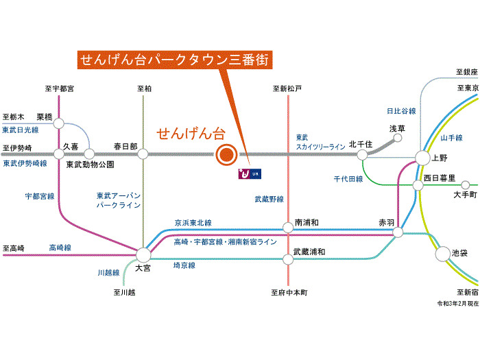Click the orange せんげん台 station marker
click(226, 155)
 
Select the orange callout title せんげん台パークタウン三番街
click(175, 59)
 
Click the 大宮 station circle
click(143, 254)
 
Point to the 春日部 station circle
click(143, 154)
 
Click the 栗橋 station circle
click(59, 124)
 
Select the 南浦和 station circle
click(289, 227)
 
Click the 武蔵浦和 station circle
click(289, 259)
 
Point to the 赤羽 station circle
click(398, 233)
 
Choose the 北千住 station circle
click(361, 154)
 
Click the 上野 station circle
click(422, 158)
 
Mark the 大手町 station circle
click(466, 184)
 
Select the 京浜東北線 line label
click(193, 223)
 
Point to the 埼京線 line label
click(184, 265)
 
